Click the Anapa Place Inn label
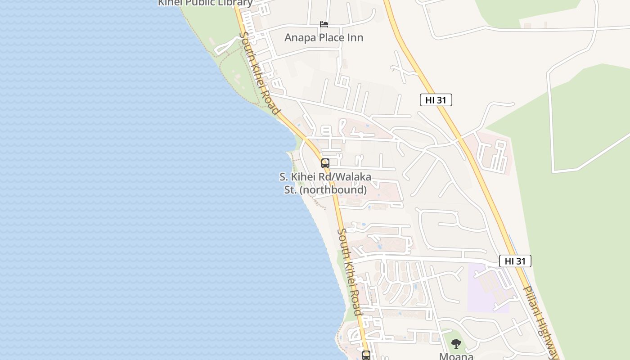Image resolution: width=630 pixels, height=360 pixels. (324, 38)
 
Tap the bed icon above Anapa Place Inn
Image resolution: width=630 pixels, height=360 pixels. (324, 24)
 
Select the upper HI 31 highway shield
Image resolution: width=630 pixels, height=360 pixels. (436, 100)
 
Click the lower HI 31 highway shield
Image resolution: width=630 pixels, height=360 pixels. (515, 261)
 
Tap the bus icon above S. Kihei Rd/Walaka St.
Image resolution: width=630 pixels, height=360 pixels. (325, 163)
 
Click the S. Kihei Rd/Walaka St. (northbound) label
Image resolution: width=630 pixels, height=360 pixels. (325, 183)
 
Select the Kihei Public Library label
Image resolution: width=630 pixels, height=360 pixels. (205, 3)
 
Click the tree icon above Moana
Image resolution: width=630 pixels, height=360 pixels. (456, 344)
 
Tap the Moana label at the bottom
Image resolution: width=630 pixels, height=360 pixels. (456, 356)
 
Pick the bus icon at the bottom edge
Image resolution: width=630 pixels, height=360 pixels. (366, 355)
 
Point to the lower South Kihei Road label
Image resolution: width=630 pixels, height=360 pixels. (349, 272)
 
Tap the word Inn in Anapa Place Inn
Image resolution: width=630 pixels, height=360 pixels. (354, 38)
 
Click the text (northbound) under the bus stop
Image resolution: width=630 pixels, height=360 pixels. (333, 190)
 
